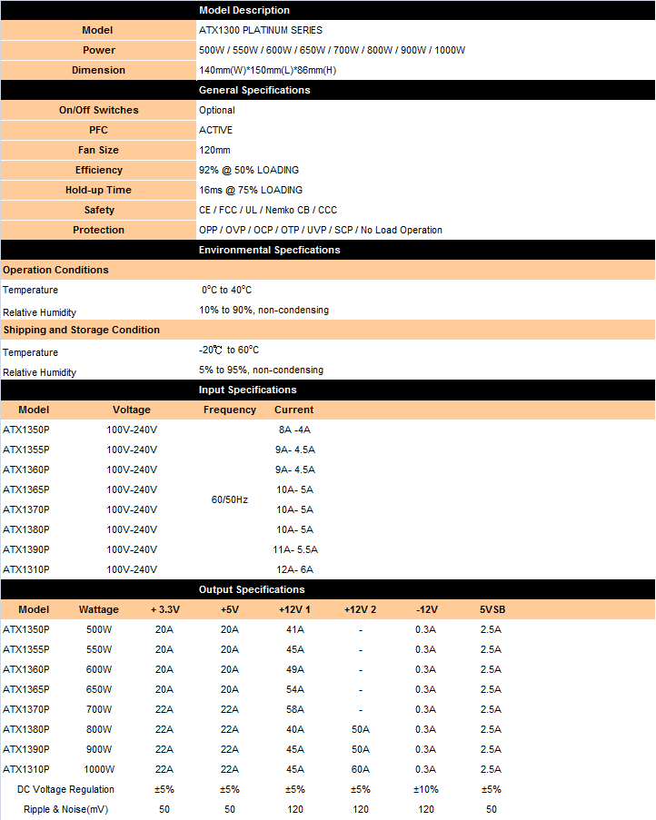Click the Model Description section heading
(x=244, y=10)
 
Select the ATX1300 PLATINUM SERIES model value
(x=260, y=30)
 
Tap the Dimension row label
(x=98, y=70)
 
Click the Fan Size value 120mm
(x=214, y=150)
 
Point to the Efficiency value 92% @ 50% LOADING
(x=248, y=170)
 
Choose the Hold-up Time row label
(x=98, y=190)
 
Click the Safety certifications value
(x=267, y=210)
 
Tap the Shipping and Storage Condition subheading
(x=81, y=330)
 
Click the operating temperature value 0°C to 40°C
(x=226, y=290)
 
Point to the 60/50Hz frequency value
(x=229, y=499)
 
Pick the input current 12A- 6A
(x=294, y=569)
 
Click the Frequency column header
(x=230, y=410)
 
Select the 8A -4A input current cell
(x=294, y=430)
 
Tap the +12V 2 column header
(x=360, y=609)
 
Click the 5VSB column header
(x=491, y=609)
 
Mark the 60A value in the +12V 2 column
(x=360, y=769)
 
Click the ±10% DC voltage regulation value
(x=425, y=789)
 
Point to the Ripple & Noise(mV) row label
(x=65, y=809)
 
